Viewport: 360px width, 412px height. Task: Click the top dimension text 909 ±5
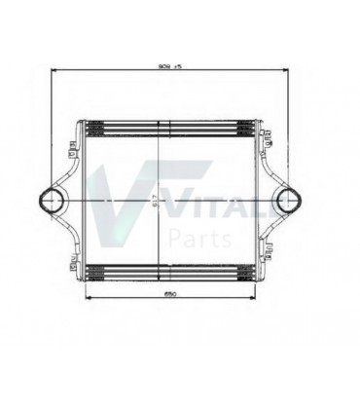pos(171,64)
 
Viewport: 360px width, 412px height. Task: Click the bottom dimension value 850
pos(170,292)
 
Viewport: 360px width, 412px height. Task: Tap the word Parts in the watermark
pos(199,238)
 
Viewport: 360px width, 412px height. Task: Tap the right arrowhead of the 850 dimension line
pos(254,298)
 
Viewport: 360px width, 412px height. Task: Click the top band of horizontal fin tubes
pos(170,128)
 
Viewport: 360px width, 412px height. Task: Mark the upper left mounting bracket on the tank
pos(72,149)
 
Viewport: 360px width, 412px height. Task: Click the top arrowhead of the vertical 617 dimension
pos(170,121)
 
